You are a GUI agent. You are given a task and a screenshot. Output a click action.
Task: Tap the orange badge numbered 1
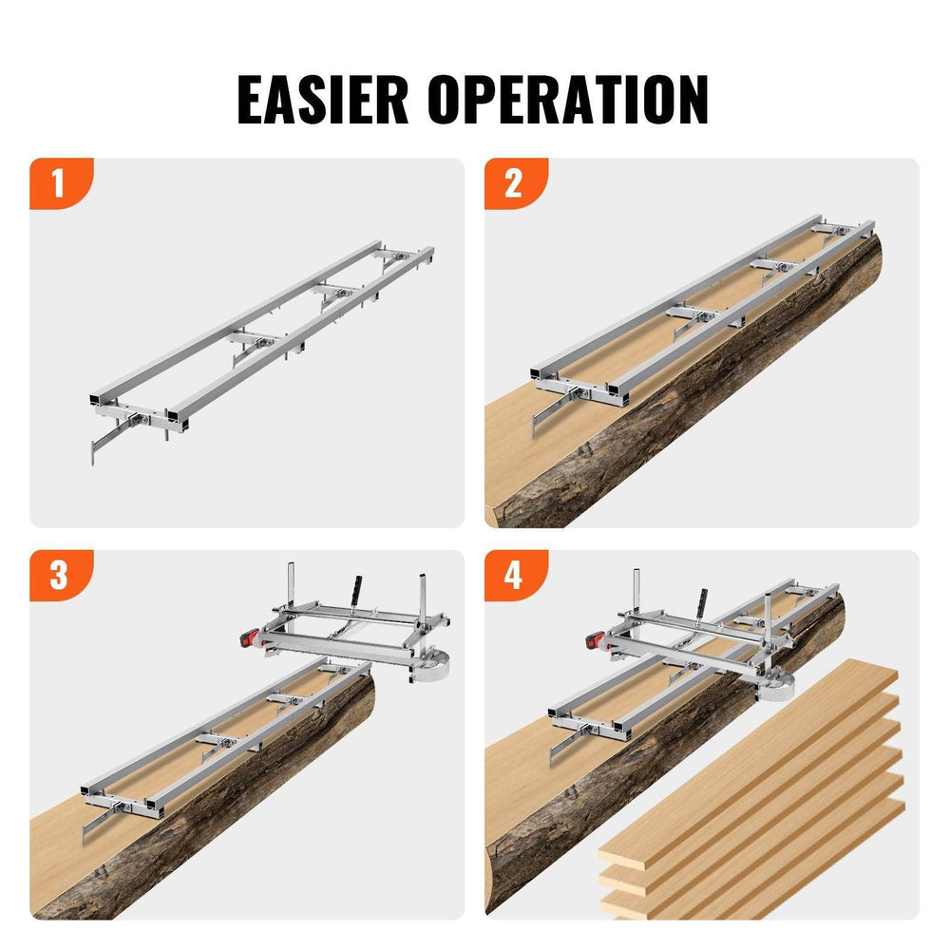(59, 183)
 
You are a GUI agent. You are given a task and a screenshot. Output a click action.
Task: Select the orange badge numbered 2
(514, 183)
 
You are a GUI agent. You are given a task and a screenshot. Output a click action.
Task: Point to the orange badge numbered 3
(59, 576)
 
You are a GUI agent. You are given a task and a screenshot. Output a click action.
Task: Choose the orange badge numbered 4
(514, 576)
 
